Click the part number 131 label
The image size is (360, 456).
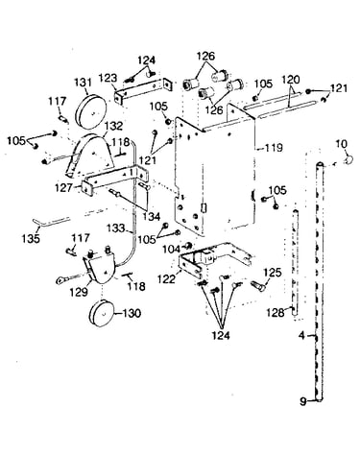83,83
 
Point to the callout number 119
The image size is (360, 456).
274,148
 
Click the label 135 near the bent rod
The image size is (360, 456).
31,238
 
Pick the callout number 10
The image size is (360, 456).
341,144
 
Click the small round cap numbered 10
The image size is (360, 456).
348,158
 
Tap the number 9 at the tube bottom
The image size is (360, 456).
303,401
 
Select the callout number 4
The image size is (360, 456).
301,336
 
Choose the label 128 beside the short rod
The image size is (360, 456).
276,312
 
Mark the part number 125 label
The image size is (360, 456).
272,273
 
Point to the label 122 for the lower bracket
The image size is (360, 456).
166,278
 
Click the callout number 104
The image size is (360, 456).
172,249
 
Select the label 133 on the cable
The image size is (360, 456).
115,228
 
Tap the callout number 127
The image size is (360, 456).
63,187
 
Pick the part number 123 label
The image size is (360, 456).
108,78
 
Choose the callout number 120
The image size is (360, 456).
290,80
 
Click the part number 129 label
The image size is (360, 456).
79,292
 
